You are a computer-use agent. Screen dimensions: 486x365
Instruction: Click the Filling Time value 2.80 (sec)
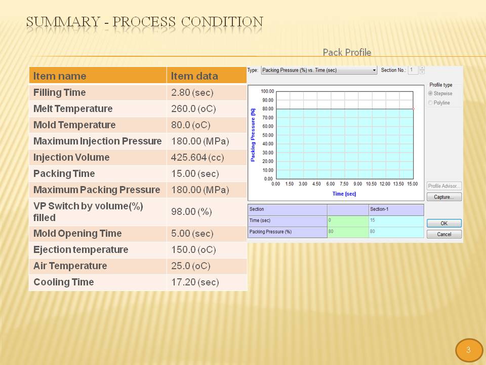192,92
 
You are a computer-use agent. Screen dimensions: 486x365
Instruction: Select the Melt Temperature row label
73,108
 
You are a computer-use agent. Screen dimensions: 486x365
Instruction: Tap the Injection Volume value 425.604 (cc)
197,157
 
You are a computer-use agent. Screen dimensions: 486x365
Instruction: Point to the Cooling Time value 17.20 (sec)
195,282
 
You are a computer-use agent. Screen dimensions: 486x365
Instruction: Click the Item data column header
194,76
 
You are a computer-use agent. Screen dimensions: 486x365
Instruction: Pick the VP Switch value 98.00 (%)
191,212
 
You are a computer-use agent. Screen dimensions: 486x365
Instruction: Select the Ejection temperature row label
80,249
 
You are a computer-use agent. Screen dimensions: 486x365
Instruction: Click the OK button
444,223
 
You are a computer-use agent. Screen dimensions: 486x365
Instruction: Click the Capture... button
444,197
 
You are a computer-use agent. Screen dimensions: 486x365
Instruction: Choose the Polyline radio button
430,103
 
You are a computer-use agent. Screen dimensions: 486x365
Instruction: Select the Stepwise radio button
430,93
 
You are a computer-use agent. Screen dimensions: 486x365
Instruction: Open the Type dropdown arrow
374,70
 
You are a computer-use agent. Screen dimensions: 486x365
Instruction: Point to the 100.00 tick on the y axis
267,91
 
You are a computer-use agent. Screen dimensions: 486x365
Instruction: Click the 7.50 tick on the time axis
344,184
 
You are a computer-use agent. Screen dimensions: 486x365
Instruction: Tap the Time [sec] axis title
344,194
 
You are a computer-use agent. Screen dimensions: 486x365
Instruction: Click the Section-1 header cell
396,209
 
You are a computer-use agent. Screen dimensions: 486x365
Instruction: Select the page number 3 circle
468,350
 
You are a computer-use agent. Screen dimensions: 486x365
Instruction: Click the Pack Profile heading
347,52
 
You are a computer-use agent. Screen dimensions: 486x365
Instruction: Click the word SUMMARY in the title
63,22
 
